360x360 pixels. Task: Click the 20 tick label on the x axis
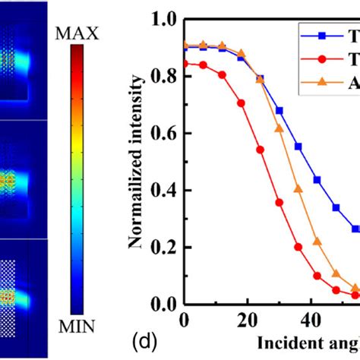click(x=241, y=319)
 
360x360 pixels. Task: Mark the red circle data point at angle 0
click(x=185, y=64)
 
